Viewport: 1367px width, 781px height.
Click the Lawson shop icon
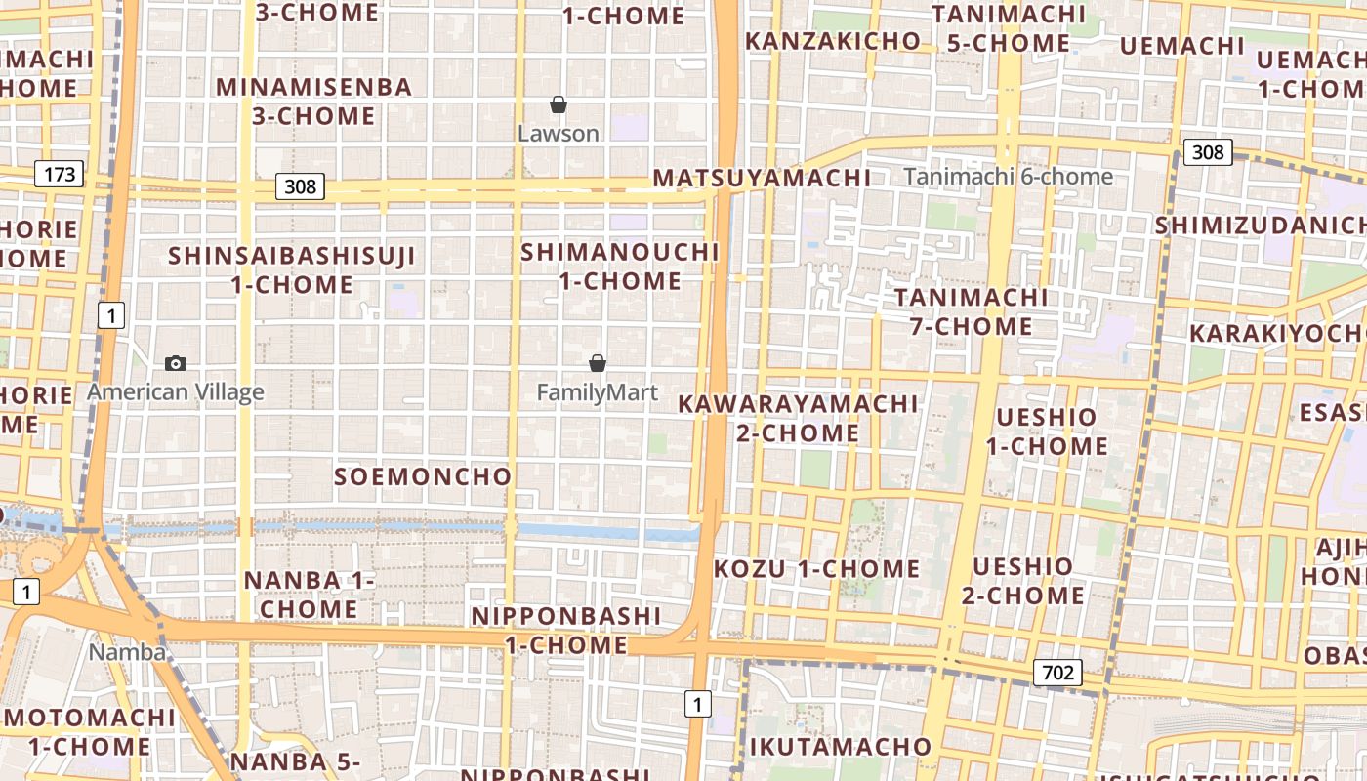coord(559,104)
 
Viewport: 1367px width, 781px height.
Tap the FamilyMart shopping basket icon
coord(598,363)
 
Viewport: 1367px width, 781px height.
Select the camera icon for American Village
coord(176,363)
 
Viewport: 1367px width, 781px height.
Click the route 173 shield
coord(60,175)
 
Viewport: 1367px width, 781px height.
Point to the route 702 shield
coord(1057,672)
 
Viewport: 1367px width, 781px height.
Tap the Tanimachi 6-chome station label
coord(1008,177)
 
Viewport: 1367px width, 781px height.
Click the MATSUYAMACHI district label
coord(762,178)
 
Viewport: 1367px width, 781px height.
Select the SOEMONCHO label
coord(423,476)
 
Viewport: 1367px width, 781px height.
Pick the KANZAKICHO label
coord(833,41)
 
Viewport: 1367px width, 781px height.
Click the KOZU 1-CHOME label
coord(816,568)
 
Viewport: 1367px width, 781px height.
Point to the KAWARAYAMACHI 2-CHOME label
coord(799,418)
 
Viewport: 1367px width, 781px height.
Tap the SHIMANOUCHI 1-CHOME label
coord(620,267)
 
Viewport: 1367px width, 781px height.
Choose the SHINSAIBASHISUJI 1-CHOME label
coord(292,270)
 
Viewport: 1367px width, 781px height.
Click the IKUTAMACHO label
coord(840,747)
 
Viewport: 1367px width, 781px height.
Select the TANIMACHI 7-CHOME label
coord(972,311)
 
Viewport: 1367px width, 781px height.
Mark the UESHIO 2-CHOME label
coord(1022,581)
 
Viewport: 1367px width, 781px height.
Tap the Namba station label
coord(127,652)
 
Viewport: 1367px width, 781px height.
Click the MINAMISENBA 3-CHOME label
coord(313,102)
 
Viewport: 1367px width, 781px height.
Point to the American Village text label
coord(176,392)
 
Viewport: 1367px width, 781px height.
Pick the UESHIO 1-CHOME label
coord(1047,432)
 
